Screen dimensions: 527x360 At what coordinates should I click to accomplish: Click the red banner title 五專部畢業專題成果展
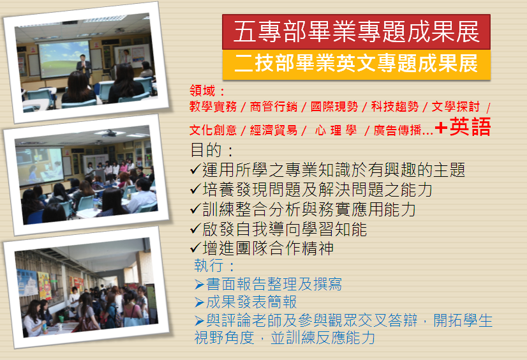click(x=356, y=32)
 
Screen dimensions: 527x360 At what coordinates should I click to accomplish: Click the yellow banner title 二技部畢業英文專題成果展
click(x=356, y=64)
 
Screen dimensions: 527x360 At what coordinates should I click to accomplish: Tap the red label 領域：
click(x=207, y=91)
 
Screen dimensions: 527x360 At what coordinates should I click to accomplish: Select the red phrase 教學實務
click(x=213, y=107)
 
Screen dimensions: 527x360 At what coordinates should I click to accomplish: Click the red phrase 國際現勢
click(x=334, y=107)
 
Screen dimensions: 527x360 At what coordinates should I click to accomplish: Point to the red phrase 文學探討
click(x=456, y=107)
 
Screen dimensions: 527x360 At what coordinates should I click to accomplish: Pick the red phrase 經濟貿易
click(x=274, y=130)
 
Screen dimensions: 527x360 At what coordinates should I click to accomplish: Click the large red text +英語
click(x=463, y=127)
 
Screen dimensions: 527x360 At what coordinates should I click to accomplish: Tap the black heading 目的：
click(x=212, y=150)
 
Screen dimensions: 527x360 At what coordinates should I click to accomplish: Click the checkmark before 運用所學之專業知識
click(x=196, y=169)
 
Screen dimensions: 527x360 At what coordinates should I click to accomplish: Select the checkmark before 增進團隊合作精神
click(x=196, y=248)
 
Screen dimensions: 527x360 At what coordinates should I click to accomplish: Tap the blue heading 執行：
click(x=214, y=266)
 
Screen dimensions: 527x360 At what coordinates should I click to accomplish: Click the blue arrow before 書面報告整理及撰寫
click(x=199, y=285)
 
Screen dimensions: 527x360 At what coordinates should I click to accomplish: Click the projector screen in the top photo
click(x=64, y=59)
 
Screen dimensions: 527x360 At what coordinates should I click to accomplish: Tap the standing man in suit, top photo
click(x=83, y=66)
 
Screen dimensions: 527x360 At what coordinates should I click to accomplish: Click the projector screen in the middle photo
click(x=40, y=165)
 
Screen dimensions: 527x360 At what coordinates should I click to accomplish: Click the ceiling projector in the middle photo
click(x=109, y=134)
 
